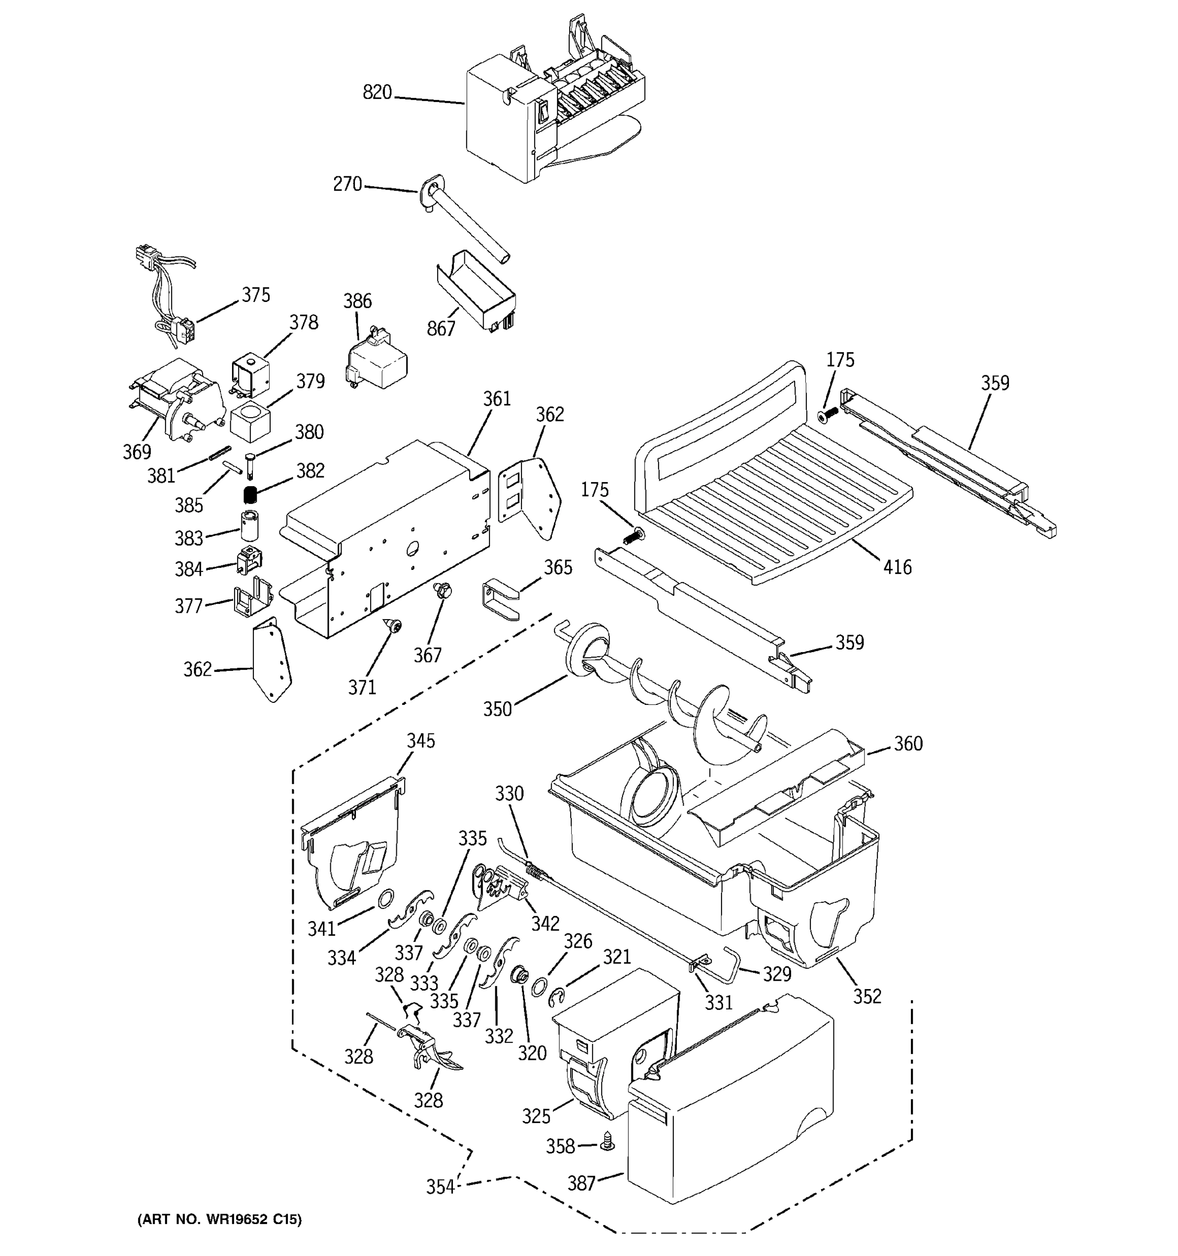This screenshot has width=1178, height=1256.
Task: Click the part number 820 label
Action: [377, 93]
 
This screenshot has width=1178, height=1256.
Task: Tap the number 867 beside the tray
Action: [440, 329]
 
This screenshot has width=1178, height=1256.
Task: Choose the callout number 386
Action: [357, 301]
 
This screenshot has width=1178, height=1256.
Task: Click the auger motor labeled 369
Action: [180, 401]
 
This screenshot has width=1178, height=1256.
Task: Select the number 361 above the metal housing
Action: [497, 399]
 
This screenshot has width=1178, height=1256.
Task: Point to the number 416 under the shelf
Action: [897, 567]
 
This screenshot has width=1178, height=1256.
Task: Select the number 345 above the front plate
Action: [420, 741]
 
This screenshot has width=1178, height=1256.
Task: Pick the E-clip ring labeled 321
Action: [557, 997]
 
